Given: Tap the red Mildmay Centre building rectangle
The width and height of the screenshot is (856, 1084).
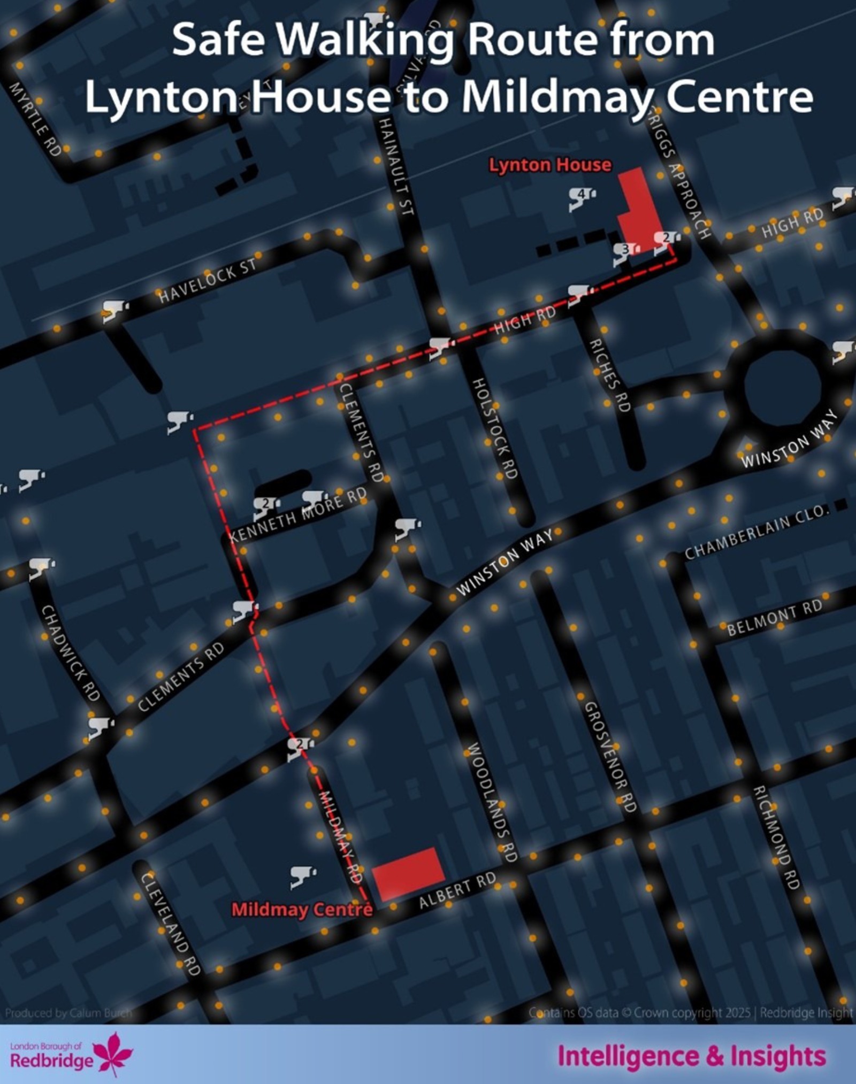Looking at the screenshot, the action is pyautogui.click(x=408, y=873).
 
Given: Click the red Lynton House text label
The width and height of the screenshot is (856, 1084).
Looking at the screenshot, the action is pyautogui.click(x=549, y=165).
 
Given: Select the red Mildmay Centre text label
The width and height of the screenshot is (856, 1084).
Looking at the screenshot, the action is pyautogui.click(x=301, y=909).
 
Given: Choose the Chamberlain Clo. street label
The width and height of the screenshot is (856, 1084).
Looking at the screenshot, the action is pyautogui.click(x=755, y=531).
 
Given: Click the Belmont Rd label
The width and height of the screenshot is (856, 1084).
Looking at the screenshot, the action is pyautogui.click(x=774, y=617).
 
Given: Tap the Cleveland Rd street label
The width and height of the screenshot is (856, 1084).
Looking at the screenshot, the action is pyautogui.click(x=170, y=923).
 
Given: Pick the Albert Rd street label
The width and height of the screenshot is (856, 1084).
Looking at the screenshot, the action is pyautogui.click(x=457, y=890).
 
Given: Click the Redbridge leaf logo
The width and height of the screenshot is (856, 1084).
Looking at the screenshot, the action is pyautogui.click(x=113, y=1053).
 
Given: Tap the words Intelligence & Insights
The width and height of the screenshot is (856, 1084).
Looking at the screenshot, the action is pyautogui.click(x=692, y=1056).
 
